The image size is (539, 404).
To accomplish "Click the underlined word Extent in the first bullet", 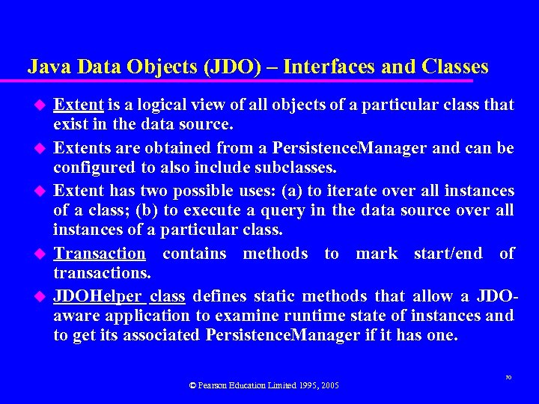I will pyautogui.click(x=79, y=104).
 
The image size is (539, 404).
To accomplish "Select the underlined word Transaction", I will pyautogui.click(x=100, y=254).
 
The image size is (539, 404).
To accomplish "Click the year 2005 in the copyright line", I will pyautogui.click(x=330, y=385).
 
